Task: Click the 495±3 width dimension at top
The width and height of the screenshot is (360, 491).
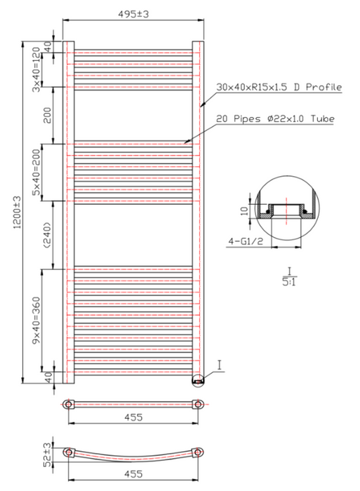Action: point(133,14)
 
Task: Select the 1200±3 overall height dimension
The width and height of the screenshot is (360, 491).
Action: point(18,212)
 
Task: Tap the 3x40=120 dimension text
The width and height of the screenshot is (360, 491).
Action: point(37,69)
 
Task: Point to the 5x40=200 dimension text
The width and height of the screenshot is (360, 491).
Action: point(37,173)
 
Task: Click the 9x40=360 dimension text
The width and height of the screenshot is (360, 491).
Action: point(37,320)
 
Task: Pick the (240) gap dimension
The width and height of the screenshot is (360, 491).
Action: point(47,235)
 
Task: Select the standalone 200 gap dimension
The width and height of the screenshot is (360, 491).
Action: point(47,115)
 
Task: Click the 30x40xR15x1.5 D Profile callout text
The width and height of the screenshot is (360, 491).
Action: point(279,87)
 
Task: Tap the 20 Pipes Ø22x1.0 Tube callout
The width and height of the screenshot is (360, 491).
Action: point(275,119)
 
